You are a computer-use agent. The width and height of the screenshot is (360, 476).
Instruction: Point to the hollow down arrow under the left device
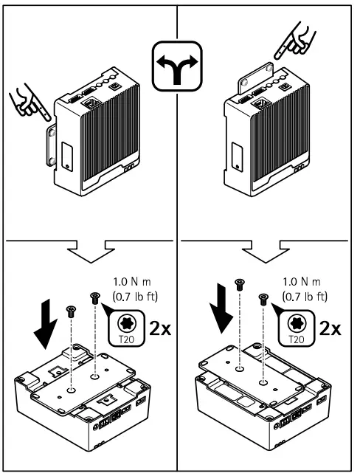(x=90, y=251)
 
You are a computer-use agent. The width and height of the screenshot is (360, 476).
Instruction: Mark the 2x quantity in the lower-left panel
(x=162, y=328)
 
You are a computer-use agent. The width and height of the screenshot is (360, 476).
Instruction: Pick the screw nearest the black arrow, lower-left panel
(x=70, y=311)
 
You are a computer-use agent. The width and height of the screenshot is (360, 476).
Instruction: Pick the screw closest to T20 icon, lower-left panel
(x=94, y=297)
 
